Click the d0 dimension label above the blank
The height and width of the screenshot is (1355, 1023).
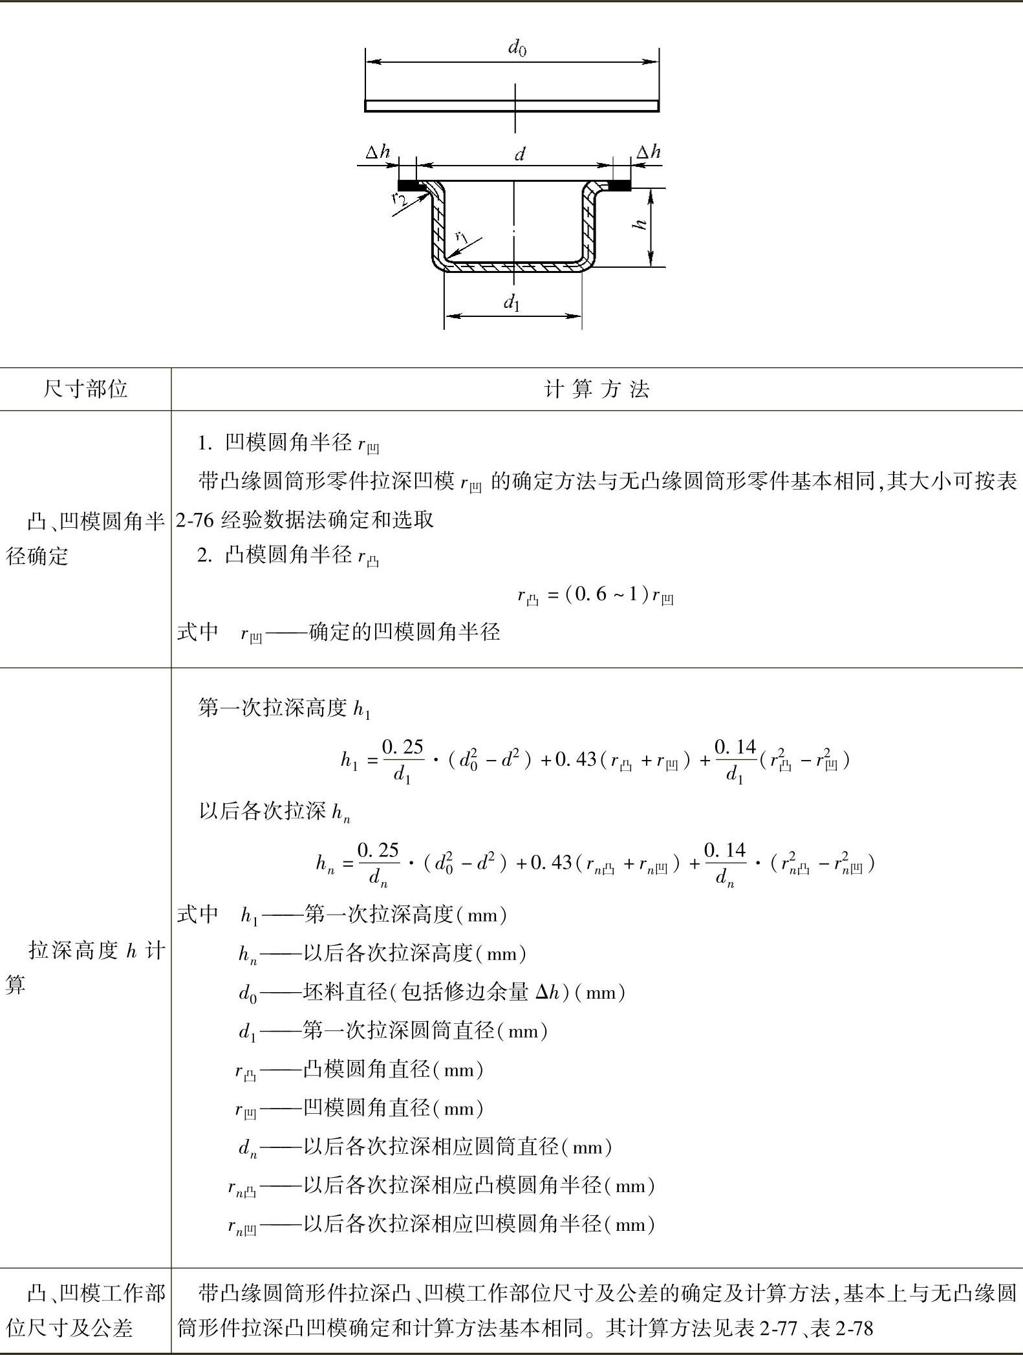coord(517,48)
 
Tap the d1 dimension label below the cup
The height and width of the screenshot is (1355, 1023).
coord(512,302)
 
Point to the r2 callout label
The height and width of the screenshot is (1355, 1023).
coord(400,197)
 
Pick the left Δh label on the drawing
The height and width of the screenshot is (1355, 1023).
coord(378,153)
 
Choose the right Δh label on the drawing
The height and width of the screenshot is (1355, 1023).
coord(649,153)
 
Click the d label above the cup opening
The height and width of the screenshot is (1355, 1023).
coord(519,155)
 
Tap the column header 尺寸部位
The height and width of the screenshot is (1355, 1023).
coord(85,389)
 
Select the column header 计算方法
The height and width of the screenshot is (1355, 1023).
coord(596,389)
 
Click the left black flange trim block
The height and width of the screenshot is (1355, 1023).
coord(411,186)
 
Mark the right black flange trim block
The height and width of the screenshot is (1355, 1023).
coord(621,186)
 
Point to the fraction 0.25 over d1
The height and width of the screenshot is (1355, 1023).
coord(402,760)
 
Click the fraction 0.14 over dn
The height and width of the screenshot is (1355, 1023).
coord(724,863)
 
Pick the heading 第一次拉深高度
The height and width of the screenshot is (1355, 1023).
coord(273,708)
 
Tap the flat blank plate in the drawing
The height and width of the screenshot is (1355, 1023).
coord(511,105)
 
